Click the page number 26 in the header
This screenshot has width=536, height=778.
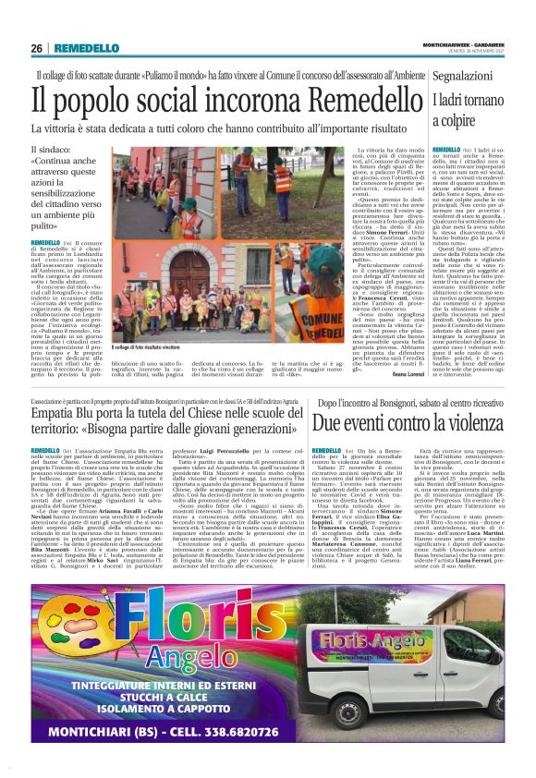(36, 48)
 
